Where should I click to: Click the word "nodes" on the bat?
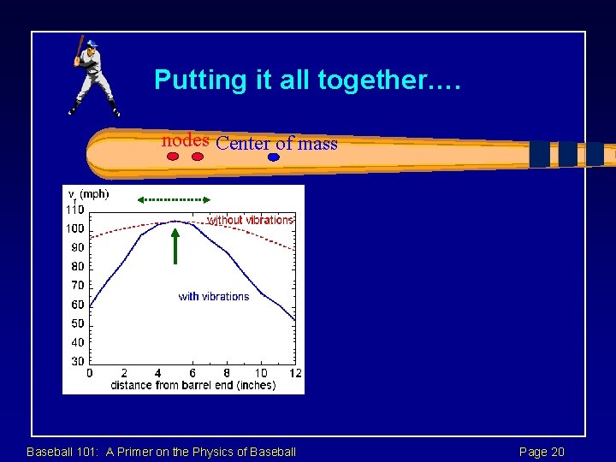(x=187, y=140)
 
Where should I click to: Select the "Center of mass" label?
(x=277, y=144)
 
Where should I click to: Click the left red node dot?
(x=173, y=157)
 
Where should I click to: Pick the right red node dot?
(x=198, y=157)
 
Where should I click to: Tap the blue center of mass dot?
(x=273, y=157)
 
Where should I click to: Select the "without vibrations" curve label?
(x=251, y=221)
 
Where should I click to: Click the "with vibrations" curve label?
(x=214, y=297)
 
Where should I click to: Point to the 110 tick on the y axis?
(x=75, y=210)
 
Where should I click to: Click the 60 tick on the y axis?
(x=78, y=305)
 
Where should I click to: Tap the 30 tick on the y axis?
(x=78, y=362)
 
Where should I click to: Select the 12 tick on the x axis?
(x=294, y=374)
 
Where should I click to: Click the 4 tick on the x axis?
(x=158, y=374)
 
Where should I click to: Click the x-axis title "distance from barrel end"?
(x=192, y=385)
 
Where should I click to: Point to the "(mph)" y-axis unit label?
(x=94, y=194)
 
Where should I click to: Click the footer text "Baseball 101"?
(x=161, y=452)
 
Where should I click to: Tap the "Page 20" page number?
(x=542, y=452)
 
